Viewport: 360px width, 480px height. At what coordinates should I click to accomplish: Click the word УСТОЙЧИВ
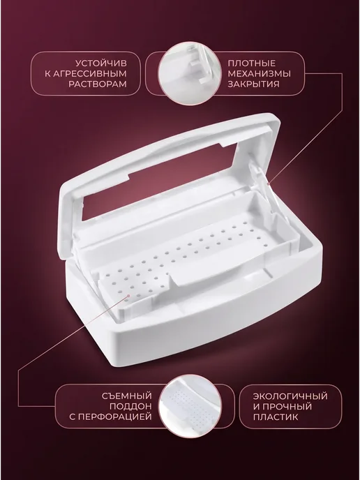(x=100, y=63)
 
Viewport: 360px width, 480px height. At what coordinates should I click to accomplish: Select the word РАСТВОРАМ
(x=98, y=84)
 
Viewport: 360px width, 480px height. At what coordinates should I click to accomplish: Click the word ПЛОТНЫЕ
(x=252, y=63)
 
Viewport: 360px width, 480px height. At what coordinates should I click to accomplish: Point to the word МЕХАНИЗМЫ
(x=259, y=74)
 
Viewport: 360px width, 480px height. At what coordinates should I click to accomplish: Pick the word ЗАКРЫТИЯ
(x=253, y=84)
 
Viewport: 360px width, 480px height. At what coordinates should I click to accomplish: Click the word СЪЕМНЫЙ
(x=127, y=396)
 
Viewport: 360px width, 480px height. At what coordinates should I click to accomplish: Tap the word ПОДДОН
(x=130, y=406)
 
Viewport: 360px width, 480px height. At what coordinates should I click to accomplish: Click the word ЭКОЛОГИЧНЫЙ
(x=290, y=396)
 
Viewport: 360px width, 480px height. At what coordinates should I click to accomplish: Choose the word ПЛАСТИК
(x=276, y=417)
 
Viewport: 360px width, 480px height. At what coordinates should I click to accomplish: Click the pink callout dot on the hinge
(x=269, y=184)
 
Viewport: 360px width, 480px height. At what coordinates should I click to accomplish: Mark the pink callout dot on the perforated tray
(x=129, y=296)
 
